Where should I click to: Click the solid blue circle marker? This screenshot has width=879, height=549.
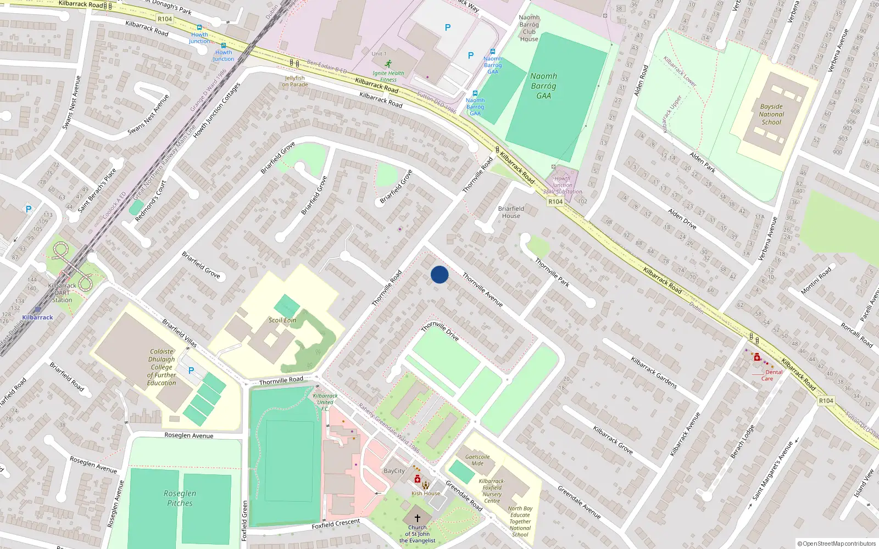coord(439,274)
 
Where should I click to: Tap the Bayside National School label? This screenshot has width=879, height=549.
coord(771,115)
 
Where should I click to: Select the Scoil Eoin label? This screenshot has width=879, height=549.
coord(282,320)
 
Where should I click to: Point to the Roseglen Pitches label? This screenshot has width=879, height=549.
coord(180,498)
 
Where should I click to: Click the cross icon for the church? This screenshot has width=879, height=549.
coord(418,518)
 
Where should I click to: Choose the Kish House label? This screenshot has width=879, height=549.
coord(426,493)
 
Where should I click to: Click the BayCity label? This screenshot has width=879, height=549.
coord(394,471)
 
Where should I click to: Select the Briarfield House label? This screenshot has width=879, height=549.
coord(511,212)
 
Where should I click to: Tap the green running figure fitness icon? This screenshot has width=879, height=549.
coord(388,64)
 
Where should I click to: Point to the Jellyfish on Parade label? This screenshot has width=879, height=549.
coord(295,81)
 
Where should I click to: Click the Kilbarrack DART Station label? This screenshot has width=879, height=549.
coord(62,293)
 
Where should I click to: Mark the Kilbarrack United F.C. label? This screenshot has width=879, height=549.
coord(325,402)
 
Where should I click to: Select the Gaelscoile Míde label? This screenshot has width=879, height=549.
coord(477,460)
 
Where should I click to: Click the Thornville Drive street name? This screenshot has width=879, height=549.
coord(440,330)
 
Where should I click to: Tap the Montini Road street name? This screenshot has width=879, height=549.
coord(816,281)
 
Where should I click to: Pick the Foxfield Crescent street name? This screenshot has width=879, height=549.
coord(336,524)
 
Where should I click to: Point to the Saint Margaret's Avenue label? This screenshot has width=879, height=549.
coord(772,471)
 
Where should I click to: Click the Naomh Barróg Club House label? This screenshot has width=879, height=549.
coord(529,28)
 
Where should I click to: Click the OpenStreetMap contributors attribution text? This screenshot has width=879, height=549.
coord(837,544)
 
